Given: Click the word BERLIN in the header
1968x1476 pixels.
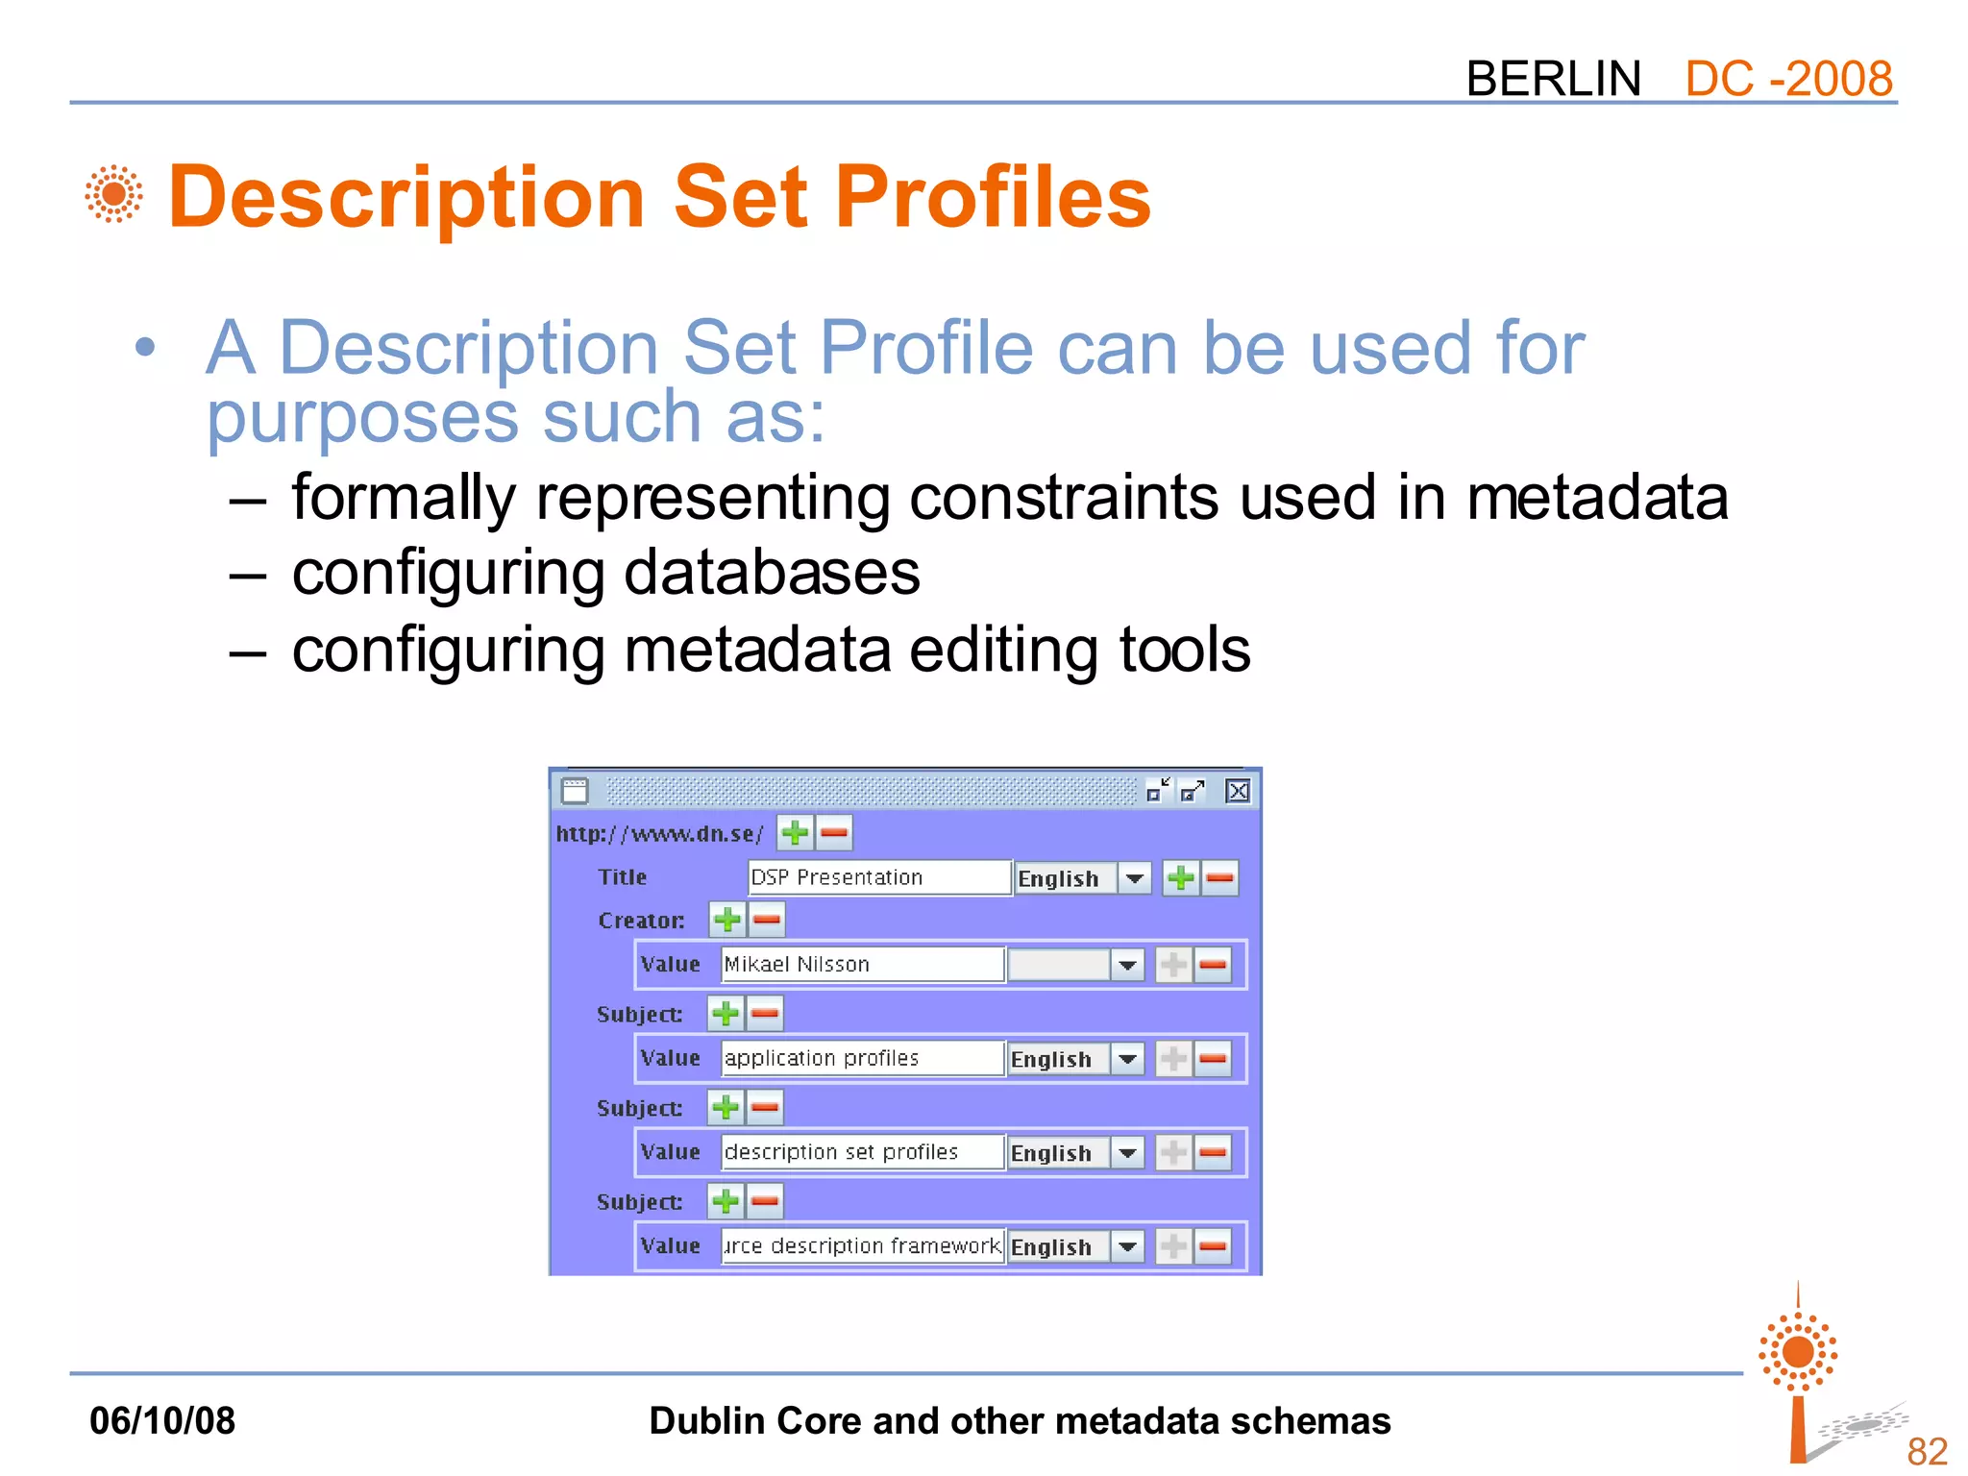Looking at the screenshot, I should pos(1553,79).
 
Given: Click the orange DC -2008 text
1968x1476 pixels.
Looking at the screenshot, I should pos(1787,79).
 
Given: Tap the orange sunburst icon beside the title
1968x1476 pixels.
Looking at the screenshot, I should pos(113,194).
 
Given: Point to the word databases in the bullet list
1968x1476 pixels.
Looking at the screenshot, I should pos(772,574).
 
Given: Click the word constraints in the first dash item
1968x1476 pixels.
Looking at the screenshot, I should pos(1062,498).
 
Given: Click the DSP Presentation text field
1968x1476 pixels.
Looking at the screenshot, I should pos(878,877).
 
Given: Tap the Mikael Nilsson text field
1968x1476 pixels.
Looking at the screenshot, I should pos(861,964).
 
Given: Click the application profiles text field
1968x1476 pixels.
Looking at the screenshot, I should pos(861,1058).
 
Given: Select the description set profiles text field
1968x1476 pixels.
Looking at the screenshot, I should pos(861,1152).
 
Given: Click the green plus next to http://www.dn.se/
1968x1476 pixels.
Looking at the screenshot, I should pos(795,832).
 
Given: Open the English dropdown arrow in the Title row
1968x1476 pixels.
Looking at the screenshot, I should pos(1135,878).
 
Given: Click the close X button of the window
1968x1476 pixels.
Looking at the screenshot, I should pos(1238,791).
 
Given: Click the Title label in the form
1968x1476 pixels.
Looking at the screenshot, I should pos(622,877).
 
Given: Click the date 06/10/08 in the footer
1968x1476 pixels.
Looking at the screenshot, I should pos(161,1420).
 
